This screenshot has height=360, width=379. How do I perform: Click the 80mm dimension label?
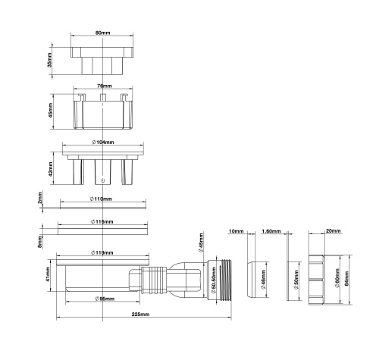[101, 33]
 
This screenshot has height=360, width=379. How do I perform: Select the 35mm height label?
[51, 61]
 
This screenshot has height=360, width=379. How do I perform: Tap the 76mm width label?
[101, 87]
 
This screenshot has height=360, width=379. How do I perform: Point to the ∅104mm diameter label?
[101, 142]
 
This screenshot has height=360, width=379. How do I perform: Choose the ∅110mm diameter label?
[101, 199]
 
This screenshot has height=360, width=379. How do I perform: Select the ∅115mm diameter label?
[101, 221]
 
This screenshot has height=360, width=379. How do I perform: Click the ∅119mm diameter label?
[101, 252]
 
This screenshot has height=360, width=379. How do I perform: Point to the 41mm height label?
[47, 278]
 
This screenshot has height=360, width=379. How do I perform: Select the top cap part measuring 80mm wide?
[101, 59]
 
